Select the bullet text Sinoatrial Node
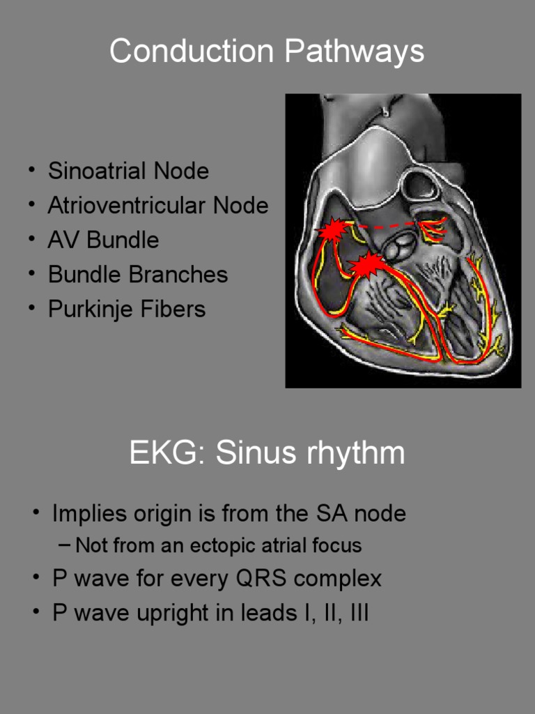128,171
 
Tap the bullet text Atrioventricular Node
157,206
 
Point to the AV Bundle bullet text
103,240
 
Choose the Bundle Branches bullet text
138,274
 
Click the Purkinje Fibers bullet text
127,309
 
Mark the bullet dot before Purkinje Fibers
32,308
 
